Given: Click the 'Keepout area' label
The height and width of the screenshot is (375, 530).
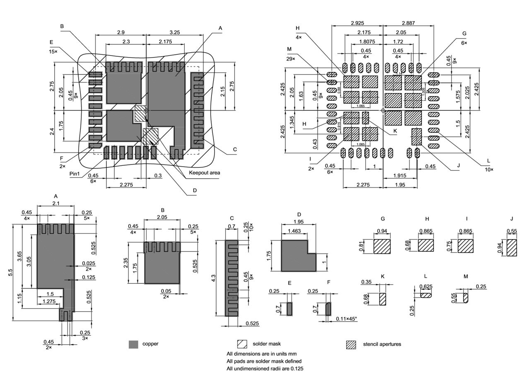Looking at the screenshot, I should tap(205, 172).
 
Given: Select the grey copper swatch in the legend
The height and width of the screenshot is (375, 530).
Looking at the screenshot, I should tap(133, 344).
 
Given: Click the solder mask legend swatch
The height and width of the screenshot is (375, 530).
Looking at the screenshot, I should tap(242, 344).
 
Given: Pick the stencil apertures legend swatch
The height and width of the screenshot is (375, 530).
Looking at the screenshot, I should tap(351, 344).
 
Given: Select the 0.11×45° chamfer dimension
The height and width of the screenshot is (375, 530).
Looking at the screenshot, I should tap(346, 319).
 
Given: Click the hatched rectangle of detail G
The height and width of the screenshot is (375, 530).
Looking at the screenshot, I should tap(382, 246).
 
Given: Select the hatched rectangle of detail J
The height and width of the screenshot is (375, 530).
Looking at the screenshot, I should tap(512, 247).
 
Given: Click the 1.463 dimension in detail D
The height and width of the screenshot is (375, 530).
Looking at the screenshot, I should tap(294, 231).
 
